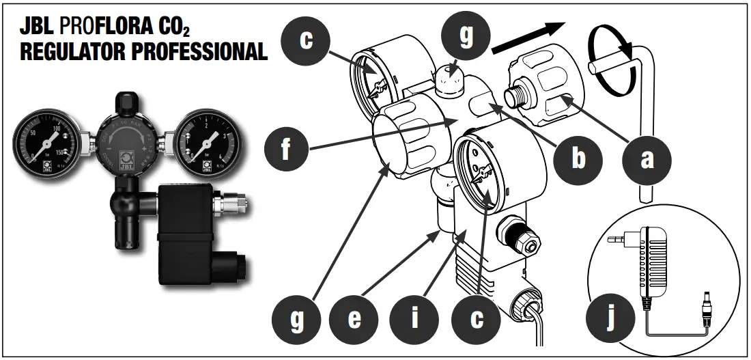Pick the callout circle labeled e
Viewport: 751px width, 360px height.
[x=354, y=320]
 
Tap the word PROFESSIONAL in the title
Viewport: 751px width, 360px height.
[x=197, y=52]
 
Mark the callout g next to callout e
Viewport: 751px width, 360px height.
[x=296, y=320]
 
